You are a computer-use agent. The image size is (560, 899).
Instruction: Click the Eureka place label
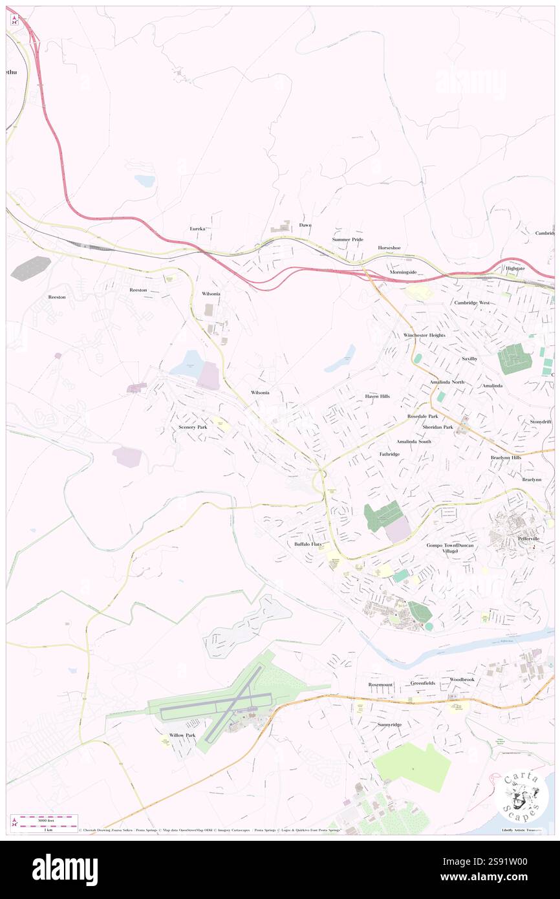(197, 229)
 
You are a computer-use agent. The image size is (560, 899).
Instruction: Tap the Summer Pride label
(348, 239)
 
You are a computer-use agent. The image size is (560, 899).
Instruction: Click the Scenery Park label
(193, 428)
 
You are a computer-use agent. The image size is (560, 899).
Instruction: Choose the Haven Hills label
(378, 396)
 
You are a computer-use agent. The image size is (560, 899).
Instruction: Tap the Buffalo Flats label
(308, 545)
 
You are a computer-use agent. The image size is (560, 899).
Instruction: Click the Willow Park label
(182, 735)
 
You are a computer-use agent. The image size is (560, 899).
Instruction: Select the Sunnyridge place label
(389, 724)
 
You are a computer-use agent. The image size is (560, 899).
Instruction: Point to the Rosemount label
(380, 684)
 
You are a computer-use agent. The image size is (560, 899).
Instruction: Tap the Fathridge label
(389, 454)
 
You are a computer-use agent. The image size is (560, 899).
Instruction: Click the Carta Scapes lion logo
(521, 795)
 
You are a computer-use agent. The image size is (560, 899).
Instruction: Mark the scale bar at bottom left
(44, 821)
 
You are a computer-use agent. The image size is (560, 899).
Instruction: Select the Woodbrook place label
(462, 680)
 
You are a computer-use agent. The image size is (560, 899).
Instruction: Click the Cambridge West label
(471, 303)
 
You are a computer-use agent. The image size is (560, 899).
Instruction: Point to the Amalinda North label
(447, 382)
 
